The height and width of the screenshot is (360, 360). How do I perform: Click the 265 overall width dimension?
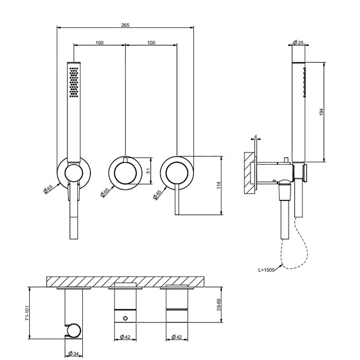pos(125,24)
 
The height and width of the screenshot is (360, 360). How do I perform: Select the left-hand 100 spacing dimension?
pos(100,42)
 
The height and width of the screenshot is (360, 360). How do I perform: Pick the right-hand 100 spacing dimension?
pos(151,42)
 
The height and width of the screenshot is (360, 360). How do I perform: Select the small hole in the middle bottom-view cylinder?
pos(124,318)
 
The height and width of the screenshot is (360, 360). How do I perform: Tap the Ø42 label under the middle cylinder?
pos(124,337)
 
